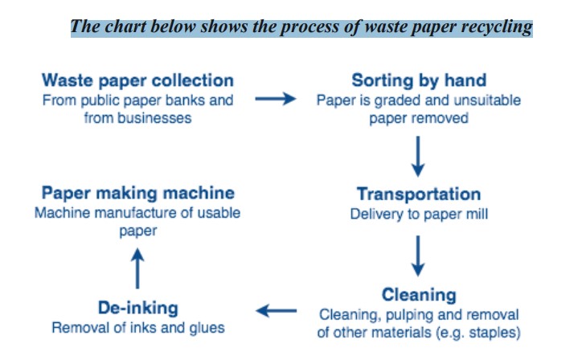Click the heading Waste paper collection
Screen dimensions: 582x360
[137, 81]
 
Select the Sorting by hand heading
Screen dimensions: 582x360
[419, 81]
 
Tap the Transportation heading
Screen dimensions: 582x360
[419, 194]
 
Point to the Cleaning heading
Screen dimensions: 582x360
[419, 296]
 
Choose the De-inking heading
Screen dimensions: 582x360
[138, 308]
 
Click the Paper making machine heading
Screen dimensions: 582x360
[138, 194]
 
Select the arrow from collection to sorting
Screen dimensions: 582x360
[276, 99]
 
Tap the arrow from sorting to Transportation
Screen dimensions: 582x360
[418, 157]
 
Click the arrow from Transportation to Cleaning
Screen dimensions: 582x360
[418, 256]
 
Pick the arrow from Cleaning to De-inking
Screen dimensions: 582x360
[277, 311]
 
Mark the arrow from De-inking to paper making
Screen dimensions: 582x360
[137, 268]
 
